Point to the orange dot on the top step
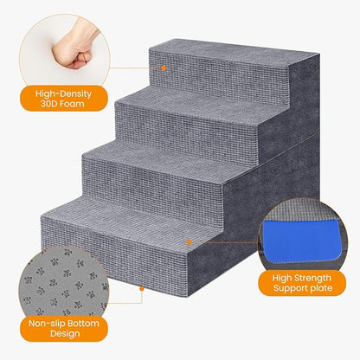pos(162,63)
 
